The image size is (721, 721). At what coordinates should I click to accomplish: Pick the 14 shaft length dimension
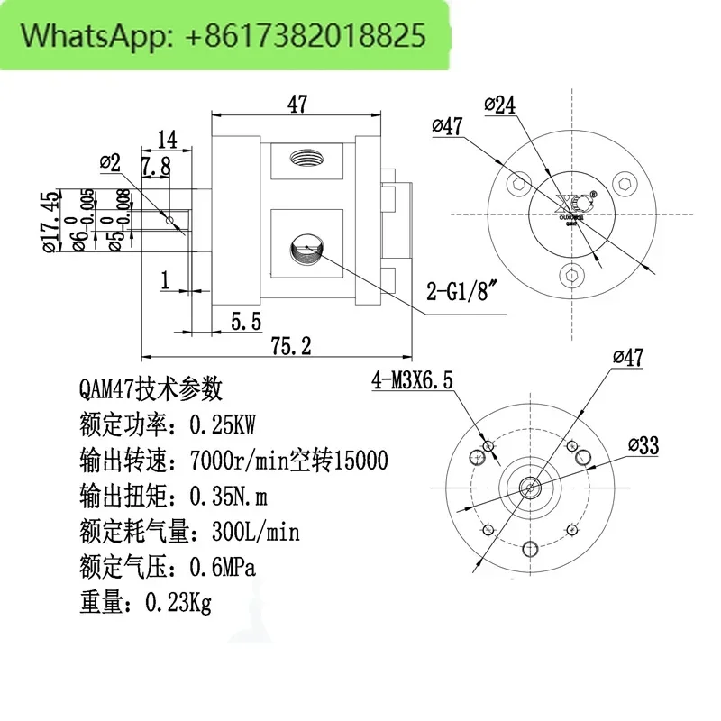(x=166, y=139)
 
